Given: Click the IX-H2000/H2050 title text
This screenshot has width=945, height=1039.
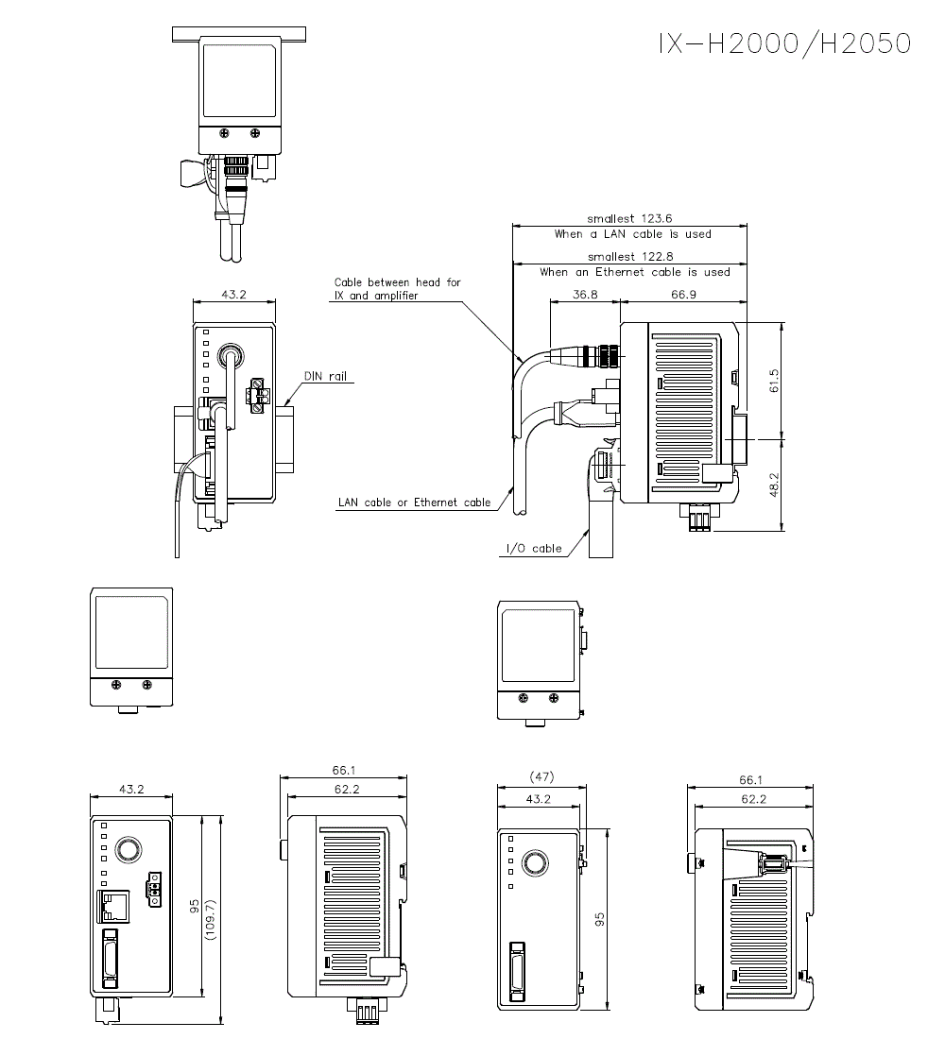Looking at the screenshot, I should coord(784,43).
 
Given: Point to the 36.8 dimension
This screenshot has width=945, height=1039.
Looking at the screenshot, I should coord(586,295).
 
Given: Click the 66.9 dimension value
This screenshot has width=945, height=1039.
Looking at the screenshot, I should coord(684,295).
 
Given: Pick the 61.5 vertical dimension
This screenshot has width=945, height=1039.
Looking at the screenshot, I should coord(775,381).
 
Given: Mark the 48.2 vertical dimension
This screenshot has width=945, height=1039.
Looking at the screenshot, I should coord(775,485).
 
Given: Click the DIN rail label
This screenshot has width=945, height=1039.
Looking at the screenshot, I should coord(325,376).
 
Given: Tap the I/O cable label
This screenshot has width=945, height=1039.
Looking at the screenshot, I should coord(534,548).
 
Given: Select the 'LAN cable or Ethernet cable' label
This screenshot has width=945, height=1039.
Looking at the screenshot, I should coord(414,502).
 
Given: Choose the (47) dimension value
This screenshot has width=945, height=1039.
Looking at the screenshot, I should coord(541,777).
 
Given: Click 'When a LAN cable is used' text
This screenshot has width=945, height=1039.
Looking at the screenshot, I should coord(633,233).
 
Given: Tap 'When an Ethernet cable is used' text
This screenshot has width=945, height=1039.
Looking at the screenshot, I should coord(635,272).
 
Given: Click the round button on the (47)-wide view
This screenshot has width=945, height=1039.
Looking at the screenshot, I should coord(537,862).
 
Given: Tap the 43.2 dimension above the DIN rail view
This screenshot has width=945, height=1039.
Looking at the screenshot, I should coord(234,295).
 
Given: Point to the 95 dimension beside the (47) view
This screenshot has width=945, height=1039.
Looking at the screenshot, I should coord(599,917).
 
